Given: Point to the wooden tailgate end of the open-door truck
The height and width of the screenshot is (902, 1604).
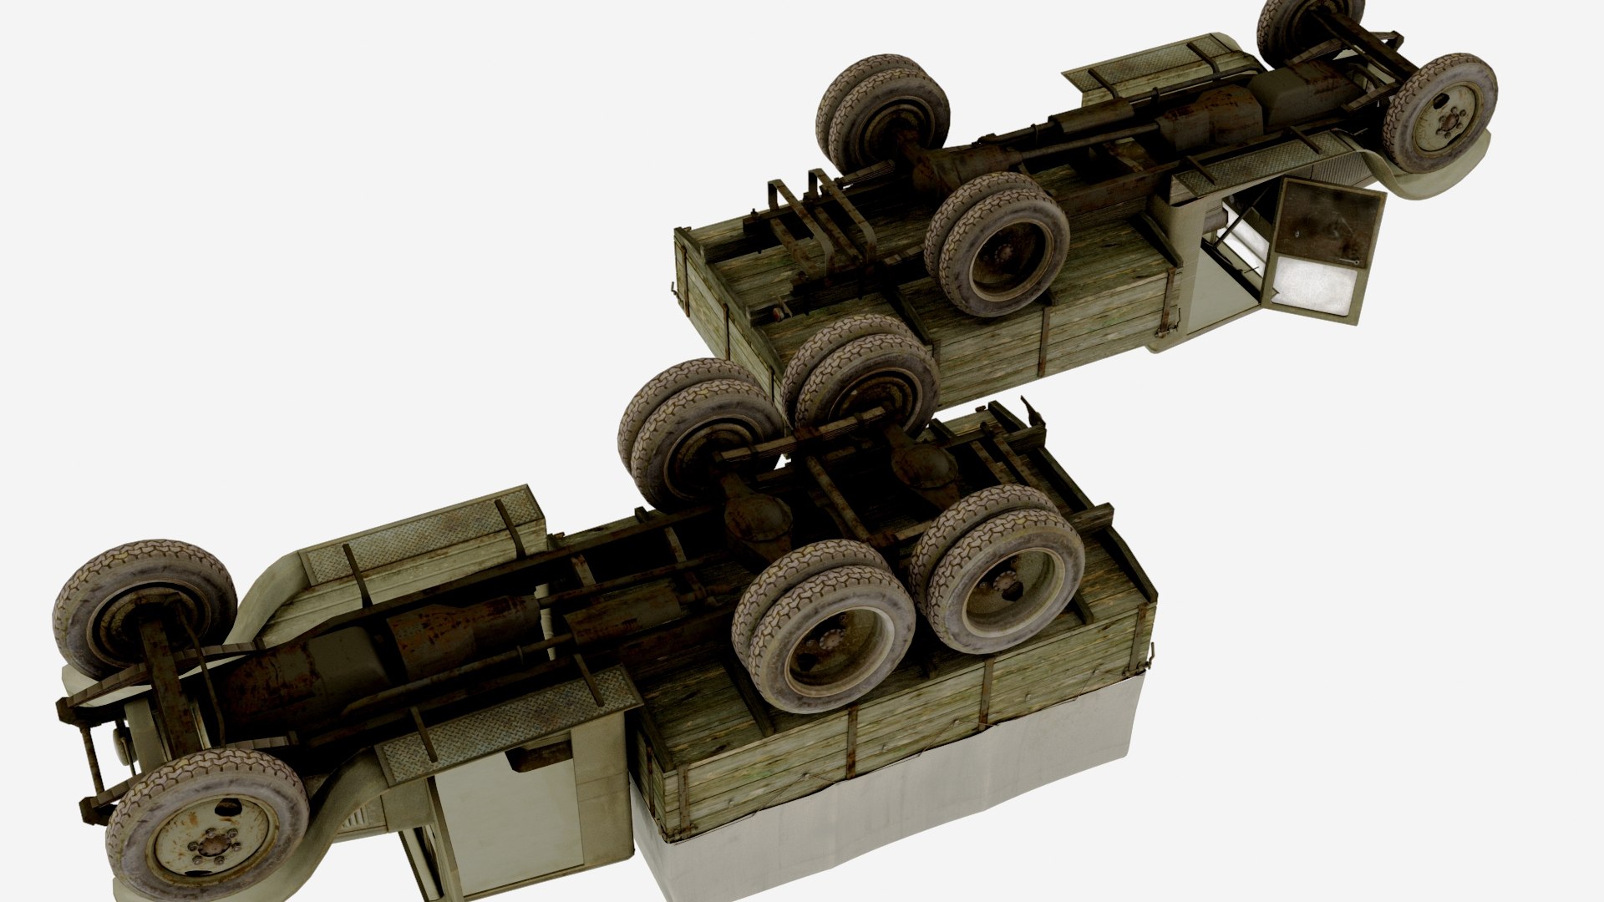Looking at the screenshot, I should [x=710, y=309].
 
